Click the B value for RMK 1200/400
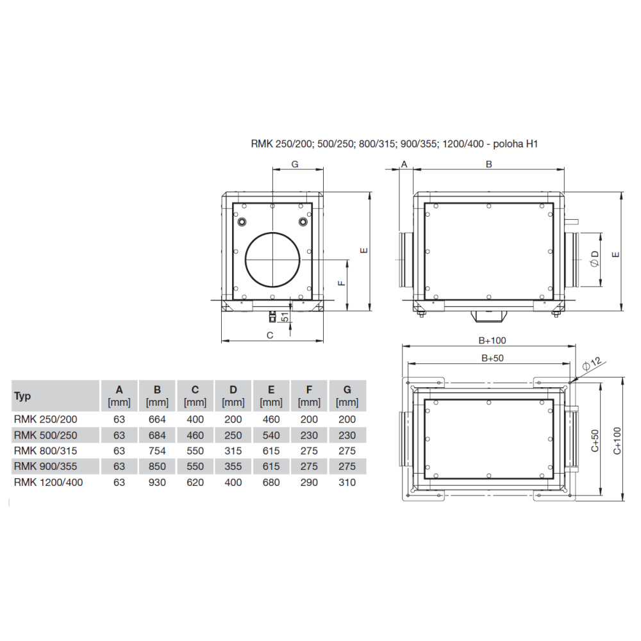[x=157, y=483]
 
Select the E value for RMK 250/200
[x=271, y=419]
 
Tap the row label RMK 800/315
[x=46, y=451]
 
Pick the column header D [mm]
[x=233, y=395]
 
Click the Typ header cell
[x=22, y=395]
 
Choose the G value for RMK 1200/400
[x=347, y=483]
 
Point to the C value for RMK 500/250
[x=195, y=435]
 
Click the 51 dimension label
[x=285, y=317]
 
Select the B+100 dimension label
[x=492, y=340]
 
